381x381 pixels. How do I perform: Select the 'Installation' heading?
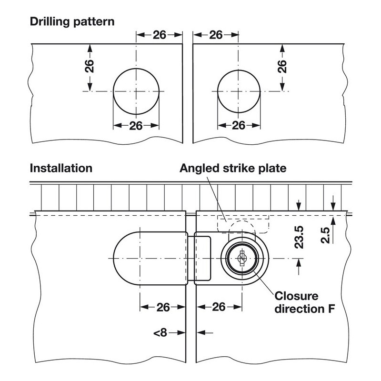[60, 168]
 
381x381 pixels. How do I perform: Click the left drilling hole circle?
[136, 91]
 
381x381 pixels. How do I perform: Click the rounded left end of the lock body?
[125, 258]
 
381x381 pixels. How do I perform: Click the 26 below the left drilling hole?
[136, 126]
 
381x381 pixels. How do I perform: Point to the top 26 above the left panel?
[160, 35]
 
